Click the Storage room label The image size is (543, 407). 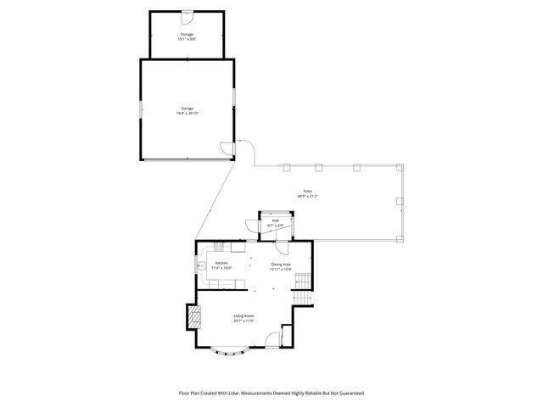[x=186, y=35]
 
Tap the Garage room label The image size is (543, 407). [x=187, y=109]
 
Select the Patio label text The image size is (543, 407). [x=307, y=192]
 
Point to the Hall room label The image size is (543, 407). [x=276, y=220]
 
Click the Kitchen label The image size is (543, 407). [x=221, y=264]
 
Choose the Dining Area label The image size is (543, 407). [x=281, y=264]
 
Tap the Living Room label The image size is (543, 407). [x=244, y=316]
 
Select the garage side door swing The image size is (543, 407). [x=225, y=149]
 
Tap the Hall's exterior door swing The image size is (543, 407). [x=252, y=225]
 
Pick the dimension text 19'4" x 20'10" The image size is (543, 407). [x=187, y=113]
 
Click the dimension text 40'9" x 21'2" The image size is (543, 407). [x=307, y=196]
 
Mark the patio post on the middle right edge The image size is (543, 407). [x=399, y=201]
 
